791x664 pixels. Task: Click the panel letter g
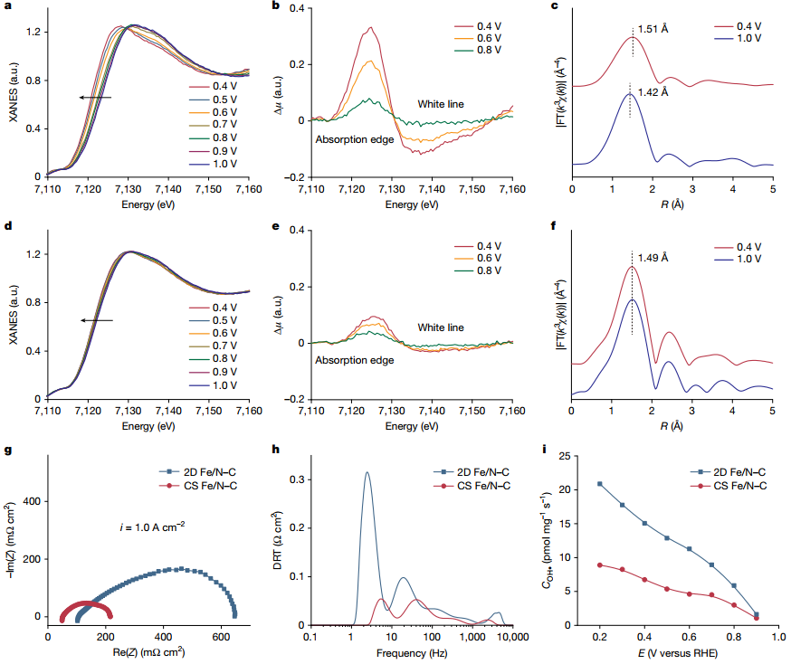coord(8,451)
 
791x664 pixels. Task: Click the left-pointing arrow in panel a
coord(94,97)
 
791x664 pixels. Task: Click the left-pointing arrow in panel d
coord(96,319)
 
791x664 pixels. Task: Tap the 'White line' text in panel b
coord(441,104)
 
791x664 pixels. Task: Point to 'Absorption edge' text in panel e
coord(355,360)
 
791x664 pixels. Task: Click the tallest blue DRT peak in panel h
coord(367,472)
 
